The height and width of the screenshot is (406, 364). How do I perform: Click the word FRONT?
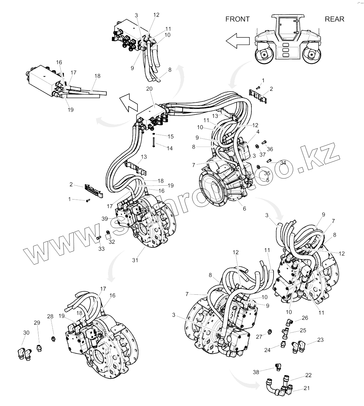click(x=237, y=19)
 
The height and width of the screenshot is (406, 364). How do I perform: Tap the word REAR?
click(x=334, y=19)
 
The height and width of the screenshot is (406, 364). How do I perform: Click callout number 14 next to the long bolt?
click(x=169, y=148)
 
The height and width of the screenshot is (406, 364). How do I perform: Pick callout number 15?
click(x=170, y=136)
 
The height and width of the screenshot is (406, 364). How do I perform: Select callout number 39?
click(x=104, y=219)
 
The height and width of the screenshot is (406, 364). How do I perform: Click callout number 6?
click(x=245, y=208)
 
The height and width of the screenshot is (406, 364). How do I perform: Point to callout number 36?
click(x=270, y=149)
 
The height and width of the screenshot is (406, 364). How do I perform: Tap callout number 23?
click(x=320, y=340)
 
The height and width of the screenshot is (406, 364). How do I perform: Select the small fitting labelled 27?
click(x=269, y=332)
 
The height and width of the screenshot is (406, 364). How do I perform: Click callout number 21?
click(x=307, y=388)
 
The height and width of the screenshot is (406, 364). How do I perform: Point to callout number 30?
click(x=26, y=332)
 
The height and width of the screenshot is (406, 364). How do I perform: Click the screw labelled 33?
click(x=98, y=238)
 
